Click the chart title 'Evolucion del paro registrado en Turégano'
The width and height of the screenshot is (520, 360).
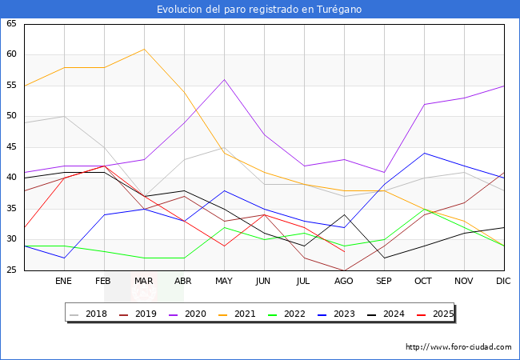pyautogui.click(x=259, y=10)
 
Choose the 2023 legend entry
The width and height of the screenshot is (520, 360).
pyautogui.click(x=374, y=314)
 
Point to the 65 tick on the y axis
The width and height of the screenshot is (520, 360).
pyautogui.click(x=12, y=24)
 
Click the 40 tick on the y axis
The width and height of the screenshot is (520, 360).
pyautogui.click(x=12, y=178)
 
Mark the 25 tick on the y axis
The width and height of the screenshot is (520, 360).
pyautogui.click(x=12, y=270)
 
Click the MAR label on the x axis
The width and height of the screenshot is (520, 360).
pyautogui.click(x=144, y=282)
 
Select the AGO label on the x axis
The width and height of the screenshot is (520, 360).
pyautogui.click(x=344, y=282)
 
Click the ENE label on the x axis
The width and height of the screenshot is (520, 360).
pyautogui.click(x=64, y=282)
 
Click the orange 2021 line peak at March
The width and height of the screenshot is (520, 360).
pyautogui.click(x=144, y=49)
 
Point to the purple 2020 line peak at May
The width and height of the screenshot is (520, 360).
pyautogui.click(x=224, y=79)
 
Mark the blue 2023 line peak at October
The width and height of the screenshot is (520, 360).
pyautogui.click(x=424, y=153)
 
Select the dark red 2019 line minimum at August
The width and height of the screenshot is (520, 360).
pyautogui.click(x=344, y=270)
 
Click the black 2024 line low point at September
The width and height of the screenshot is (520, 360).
pyautogui.click(x=384, y=258)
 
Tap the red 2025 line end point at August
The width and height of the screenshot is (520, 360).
pyautogui.click(x=344, y=252)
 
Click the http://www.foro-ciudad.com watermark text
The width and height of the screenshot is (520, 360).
pyautogui.click(x=458, y=347)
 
